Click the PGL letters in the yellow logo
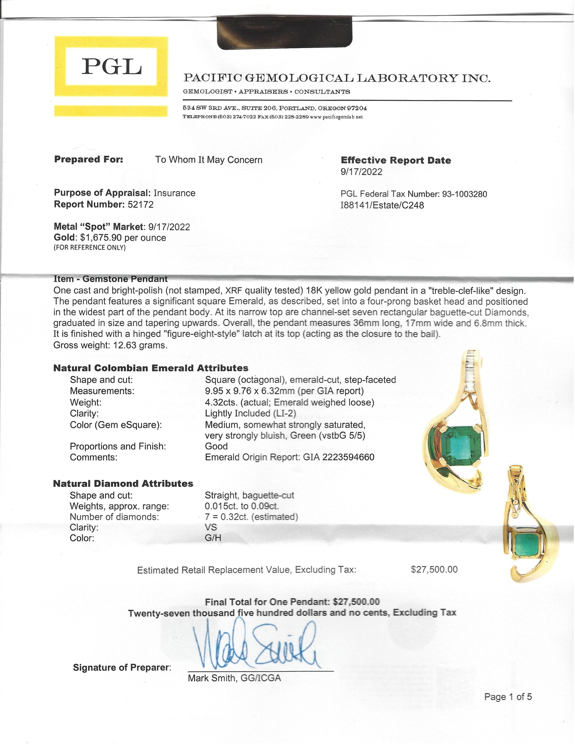111,66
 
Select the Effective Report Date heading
396,160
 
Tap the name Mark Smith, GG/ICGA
234,678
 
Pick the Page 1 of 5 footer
507,697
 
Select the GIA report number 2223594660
348,457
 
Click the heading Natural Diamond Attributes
123,484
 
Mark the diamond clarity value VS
211,527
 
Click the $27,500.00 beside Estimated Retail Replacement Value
434,569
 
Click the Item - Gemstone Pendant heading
110,279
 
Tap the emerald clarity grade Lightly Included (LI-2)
250,414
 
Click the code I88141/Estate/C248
382,206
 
